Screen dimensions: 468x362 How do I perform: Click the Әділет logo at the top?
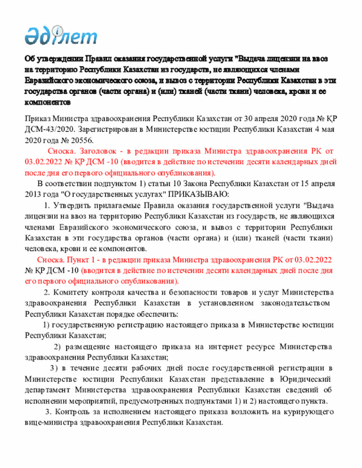[61, 36]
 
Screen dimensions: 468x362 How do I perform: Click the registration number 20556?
[81, 140]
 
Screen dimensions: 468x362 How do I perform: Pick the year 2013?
[35, 194]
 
